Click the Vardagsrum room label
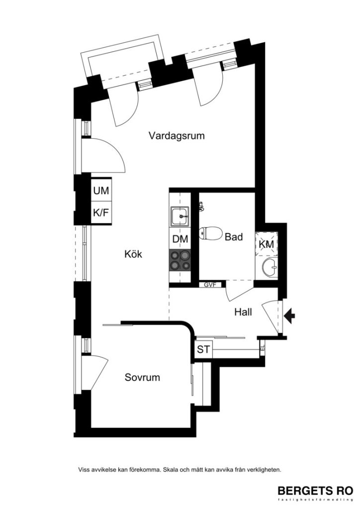pos(177,136)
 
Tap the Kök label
pos(133,254)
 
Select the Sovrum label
pos(142,378)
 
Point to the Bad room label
pos(233,237)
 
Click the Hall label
pos(243,312)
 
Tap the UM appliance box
pos(101,190)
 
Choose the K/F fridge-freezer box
pos(101,213)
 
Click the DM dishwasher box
pos(180,239)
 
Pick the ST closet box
pos(203,349)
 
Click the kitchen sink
pos(180,216)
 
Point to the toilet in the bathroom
pos(209,233)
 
